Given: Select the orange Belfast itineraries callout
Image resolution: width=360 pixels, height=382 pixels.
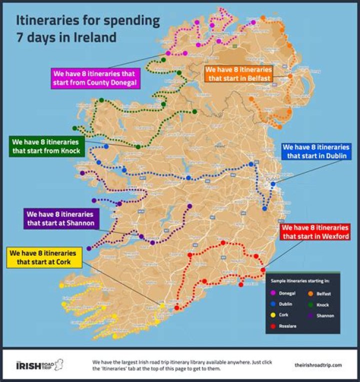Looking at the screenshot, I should pyautogui.click(x=238, y=74).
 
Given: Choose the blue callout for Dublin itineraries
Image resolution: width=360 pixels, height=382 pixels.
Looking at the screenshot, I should pyautogui.click(x=316, y=151).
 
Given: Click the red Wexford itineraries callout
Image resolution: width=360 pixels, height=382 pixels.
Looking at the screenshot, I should pyautogui.click(x=314, y=232).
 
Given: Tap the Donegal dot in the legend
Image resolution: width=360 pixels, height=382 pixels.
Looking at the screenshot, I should pyautogui.click(x=272, y=293).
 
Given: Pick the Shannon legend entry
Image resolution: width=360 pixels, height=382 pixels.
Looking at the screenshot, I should pyautogui.click(x=317, y=315).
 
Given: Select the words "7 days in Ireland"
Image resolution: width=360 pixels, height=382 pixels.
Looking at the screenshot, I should pyautogui.click(x=66, y=37).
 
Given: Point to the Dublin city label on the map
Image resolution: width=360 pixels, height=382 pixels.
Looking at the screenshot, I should pyautogui.click(x=273, y=179).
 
